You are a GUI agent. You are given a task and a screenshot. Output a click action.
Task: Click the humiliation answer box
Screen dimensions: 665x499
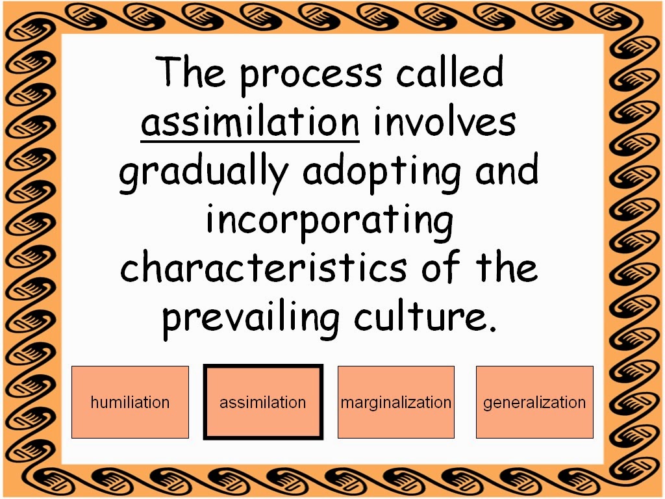130,402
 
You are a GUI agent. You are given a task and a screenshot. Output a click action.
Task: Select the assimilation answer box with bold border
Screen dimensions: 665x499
263,402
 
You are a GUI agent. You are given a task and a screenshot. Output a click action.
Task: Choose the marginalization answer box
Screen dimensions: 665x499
396,402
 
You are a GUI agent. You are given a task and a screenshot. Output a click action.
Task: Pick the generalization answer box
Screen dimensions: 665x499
535,402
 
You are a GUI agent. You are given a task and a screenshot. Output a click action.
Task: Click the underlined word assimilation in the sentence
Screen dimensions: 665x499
250,122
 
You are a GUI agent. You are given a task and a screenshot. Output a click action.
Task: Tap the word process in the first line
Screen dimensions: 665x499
311,75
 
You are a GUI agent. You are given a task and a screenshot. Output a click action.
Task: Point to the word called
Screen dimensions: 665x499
450,71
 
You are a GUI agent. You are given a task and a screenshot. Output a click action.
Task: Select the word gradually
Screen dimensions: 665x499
203,172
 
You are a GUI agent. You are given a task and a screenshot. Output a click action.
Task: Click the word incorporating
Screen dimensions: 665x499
330,222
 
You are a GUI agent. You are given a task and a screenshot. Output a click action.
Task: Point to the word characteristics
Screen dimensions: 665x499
264,267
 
